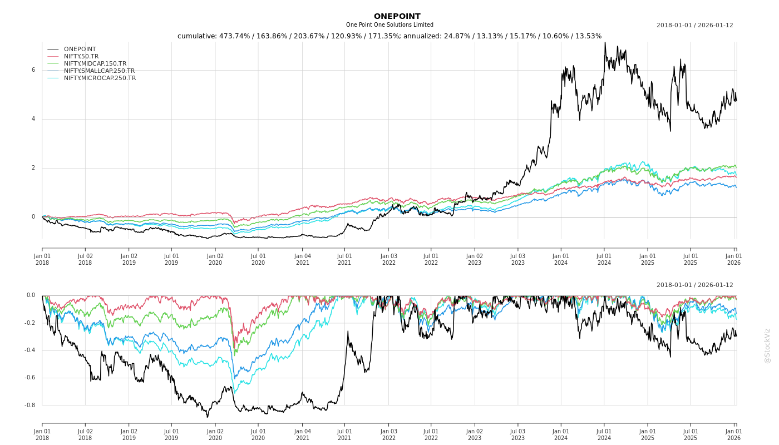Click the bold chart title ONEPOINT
(397, 16)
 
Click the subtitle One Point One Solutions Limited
(389, 25)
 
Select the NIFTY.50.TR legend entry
(81, 56)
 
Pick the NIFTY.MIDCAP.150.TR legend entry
(95, 63)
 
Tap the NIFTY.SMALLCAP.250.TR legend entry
(99, 71)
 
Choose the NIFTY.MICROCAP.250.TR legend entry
(100, 78)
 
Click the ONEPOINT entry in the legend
(80, 49)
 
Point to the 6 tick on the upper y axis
(33, 70)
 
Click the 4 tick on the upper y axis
(33, 119)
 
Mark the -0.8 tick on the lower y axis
(30, 406)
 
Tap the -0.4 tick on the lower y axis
(30, 350)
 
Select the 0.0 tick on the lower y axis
(31, 295)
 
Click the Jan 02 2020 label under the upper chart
(215, 259)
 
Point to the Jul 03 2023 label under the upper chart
(517, 259)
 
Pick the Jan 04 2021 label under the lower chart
(302, 434)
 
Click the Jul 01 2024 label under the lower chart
(604, 434)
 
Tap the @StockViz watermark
(767, 345)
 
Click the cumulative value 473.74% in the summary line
(234, 36)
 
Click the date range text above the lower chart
(694, 285)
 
